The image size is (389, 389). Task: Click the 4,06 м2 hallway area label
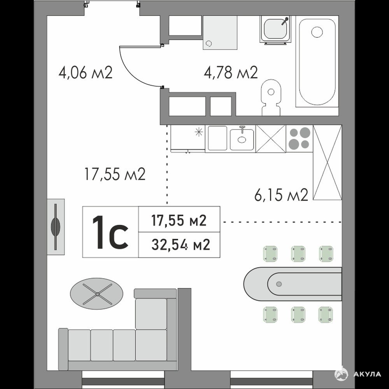86,72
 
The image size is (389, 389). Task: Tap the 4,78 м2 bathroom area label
231,72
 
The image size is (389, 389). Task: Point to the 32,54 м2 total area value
181,245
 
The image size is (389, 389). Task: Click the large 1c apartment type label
110,232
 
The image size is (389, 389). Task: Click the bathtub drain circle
317,32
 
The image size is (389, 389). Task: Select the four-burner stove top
299,138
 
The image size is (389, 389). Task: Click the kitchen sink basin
242,139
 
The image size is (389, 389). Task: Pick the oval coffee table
96,294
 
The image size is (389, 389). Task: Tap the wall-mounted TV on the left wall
56,226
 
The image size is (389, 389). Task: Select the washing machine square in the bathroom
220,33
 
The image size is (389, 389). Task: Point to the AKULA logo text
367,374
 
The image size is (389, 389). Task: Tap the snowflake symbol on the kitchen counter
199,132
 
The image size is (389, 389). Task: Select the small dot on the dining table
279,284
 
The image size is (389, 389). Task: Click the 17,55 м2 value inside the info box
179,220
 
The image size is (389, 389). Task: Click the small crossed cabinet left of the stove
270,138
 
